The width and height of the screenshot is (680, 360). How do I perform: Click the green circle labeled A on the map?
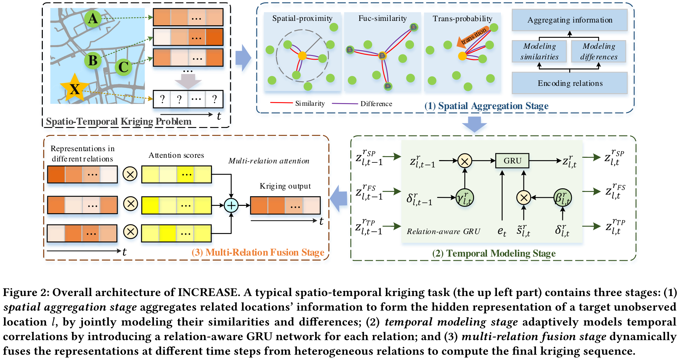click(x=93, y=19)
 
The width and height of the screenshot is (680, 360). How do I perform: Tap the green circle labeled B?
click(x=93, y=61)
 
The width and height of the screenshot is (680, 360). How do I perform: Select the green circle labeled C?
click(x=123, y=67)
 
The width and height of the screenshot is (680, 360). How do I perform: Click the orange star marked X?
click(x=75, y=89)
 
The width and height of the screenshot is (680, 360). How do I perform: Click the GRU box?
click(x=512, y=161)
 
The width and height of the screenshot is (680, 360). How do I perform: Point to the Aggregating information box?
click(x=570, y=20)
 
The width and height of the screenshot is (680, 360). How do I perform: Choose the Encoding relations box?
click(x=570, y=83)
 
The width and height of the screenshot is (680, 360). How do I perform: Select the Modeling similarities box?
click(x=539, y=51)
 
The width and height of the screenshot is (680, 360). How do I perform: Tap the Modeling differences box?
click(x=598, y=51)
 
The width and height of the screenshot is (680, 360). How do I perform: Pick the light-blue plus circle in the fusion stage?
click(x=231, y=206)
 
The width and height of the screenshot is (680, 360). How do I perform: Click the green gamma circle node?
click(x=465, y=198)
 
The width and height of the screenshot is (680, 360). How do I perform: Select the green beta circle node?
click(x=563, y=198)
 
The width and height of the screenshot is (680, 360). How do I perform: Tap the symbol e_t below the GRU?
click(x=502, y=231)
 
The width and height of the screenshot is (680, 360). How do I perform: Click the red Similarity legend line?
click(x=281, y=103)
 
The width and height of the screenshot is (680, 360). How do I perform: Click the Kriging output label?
click(x=285, y=186)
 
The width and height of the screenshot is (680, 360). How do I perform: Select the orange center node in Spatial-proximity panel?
click(x=302, y=55)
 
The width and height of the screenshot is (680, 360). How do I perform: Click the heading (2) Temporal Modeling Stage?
click(x=494, y=254)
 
